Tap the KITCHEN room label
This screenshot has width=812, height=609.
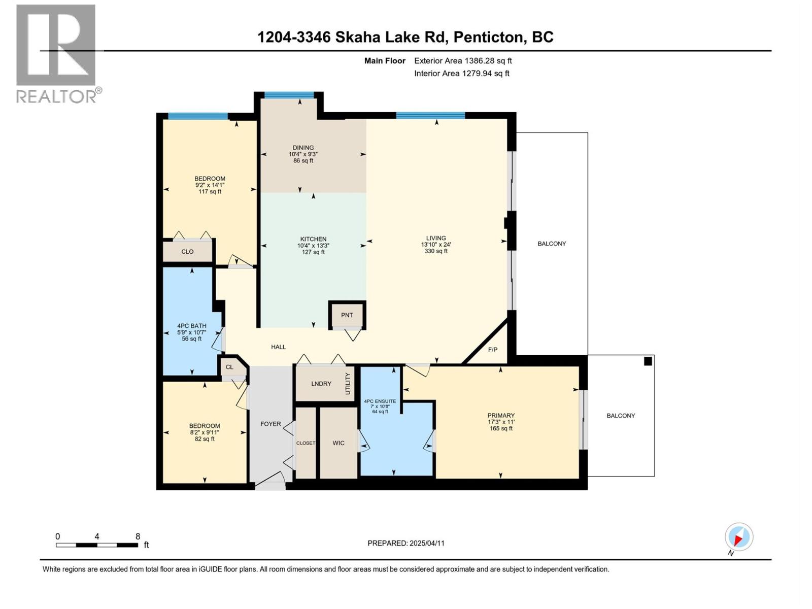313,239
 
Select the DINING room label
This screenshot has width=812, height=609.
303,148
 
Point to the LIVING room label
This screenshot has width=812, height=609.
436,238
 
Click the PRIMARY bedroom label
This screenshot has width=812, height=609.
500,415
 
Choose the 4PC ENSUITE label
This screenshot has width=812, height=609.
380,401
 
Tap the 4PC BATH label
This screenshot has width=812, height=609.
191,326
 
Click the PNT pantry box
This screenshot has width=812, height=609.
347,315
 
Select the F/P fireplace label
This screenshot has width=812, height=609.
492,350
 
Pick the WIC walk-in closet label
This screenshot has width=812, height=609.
338,443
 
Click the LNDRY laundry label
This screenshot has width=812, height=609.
321,384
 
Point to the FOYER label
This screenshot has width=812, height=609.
270,424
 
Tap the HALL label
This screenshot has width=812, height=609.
278,347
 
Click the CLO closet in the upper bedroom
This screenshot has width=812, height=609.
187,251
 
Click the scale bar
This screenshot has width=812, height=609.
97,545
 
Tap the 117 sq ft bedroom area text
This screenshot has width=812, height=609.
210,191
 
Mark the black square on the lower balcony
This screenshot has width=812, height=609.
648,361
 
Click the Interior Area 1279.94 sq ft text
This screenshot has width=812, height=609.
461,73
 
